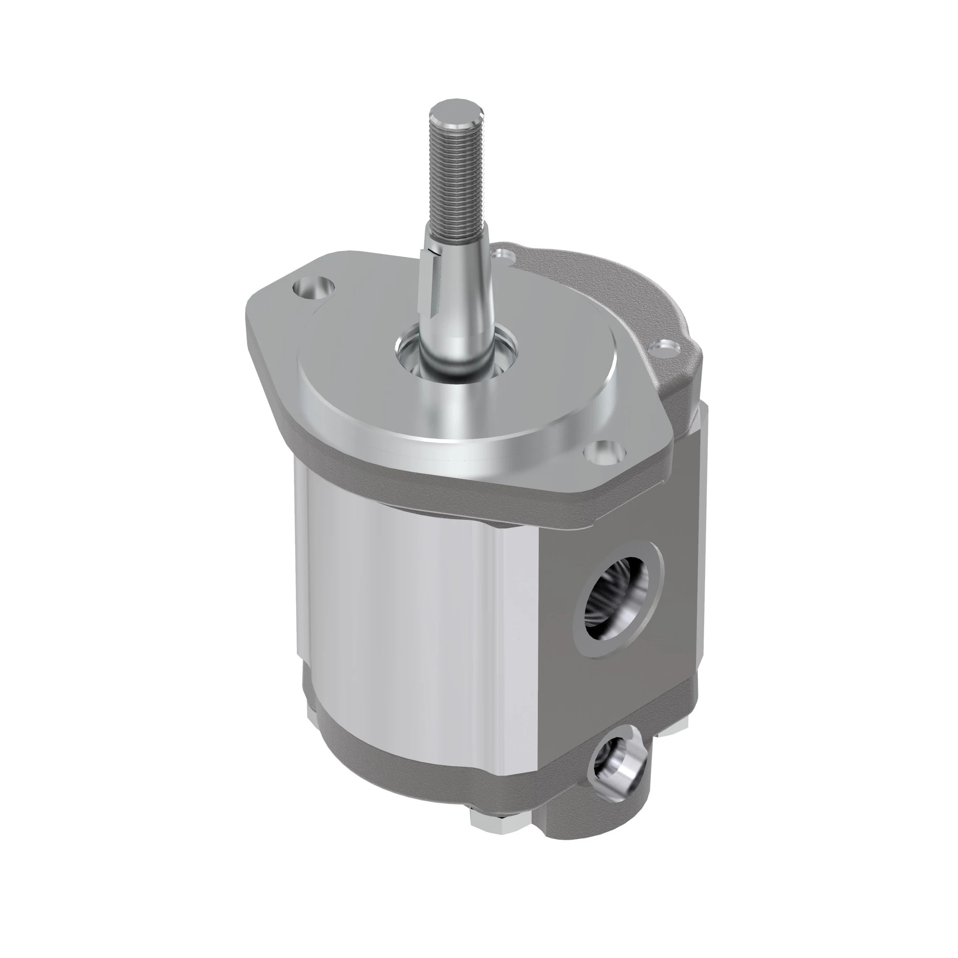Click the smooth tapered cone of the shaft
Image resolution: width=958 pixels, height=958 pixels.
click(459, 297)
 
